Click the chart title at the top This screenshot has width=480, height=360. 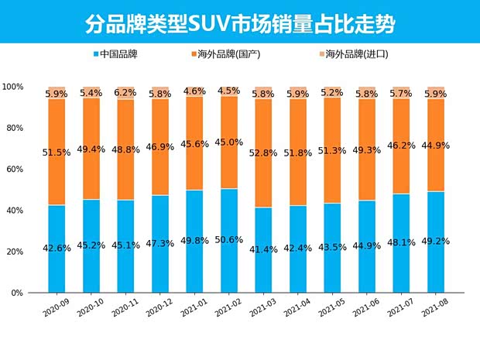(240, 22)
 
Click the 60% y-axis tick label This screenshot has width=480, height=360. (15, 169)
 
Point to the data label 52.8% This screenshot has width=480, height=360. (263, 153)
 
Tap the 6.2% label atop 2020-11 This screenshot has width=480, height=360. (126, 92)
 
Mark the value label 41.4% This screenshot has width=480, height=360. (263, 249)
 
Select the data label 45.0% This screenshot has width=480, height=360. (229, 142)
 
